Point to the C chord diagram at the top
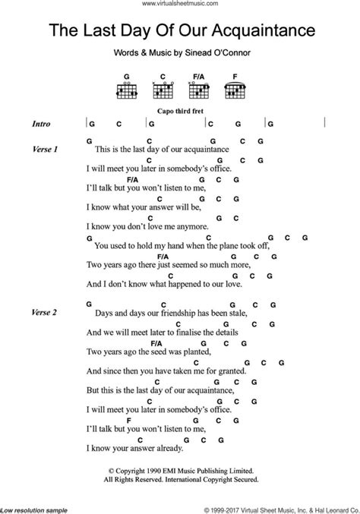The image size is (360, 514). click(x=161, y=90)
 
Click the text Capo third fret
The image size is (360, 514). click(x=179, y=109)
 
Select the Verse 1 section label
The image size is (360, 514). click(x=45, y=150)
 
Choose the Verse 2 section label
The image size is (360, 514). click(x=45, y=312)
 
